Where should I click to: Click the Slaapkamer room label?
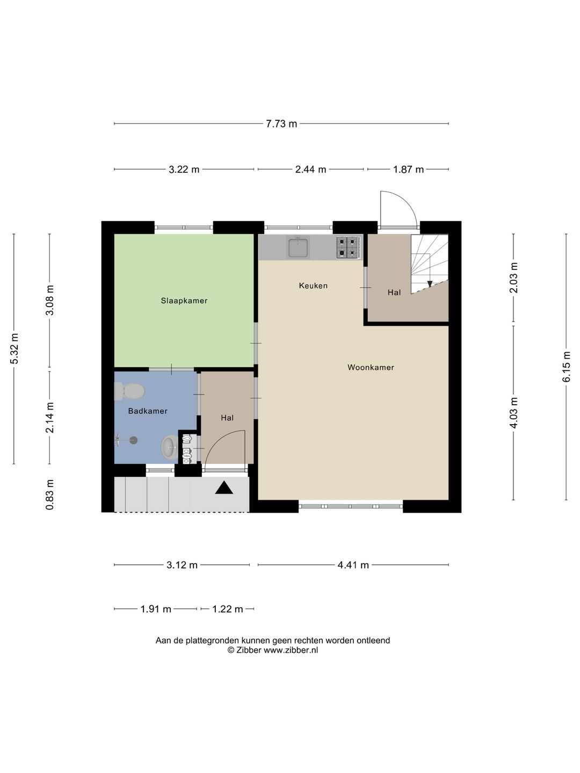click(184, 301)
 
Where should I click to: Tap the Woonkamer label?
click(371, 367)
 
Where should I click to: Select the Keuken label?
click(313, 286)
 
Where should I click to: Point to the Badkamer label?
click(148, 411)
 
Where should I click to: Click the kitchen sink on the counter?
click(298, 247)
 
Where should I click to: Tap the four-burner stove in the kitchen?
click(349, 247)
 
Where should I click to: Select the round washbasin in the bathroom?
click(170, 447)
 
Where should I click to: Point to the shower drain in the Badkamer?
click(133, 440)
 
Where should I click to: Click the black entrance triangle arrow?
click(224, 488)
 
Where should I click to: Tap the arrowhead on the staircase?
click(430, 284)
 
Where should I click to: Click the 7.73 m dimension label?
click(281, 124)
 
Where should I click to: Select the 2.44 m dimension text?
click(310, 170)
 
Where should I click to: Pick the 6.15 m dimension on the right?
click(566, 367)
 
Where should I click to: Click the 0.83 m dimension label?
click(49, 494)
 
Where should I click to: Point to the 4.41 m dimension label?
click(353, 565)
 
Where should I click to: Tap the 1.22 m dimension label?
click(228, 609)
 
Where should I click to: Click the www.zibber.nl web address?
click(291, 650)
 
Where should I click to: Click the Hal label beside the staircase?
click(394, 292)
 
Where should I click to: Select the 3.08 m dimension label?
click(49, 300)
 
